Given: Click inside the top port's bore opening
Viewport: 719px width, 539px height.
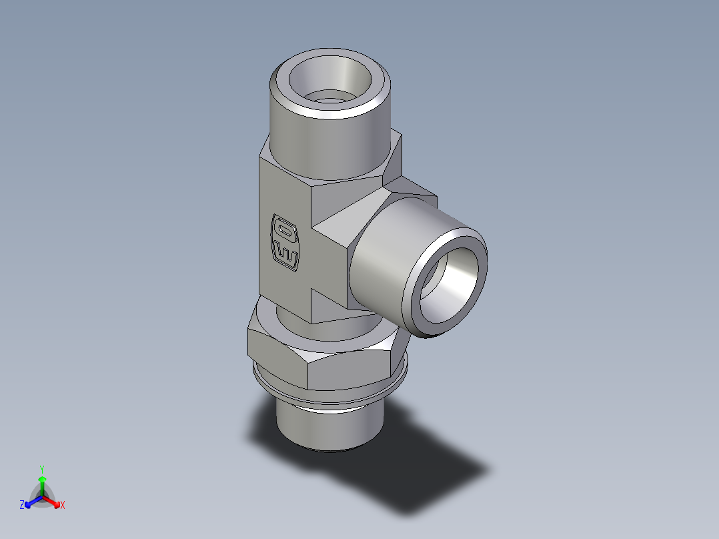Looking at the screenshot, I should point(333,83).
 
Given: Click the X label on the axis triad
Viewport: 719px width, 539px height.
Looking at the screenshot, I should point(63,506).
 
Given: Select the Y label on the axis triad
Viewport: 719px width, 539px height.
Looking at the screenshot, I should point(42,468).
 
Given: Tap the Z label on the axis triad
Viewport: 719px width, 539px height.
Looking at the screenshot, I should point(22,506).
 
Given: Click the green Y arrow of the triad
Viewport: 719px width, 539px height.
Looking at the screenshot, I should point(42,484).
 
